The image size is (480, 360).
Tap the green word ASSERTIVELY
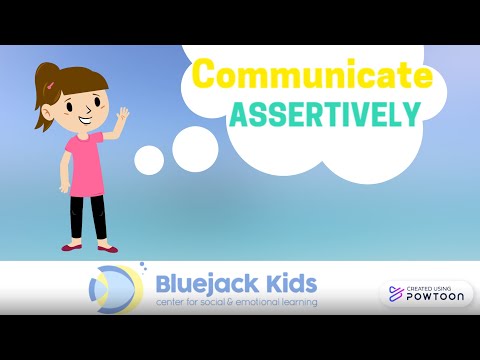click(322, 113)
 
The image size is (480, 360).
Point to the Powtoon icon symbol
click(395, 294)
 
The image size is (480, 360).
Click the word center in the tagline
click(174, 301)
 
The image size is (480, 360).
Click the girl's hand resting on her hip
click(67, 185)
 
